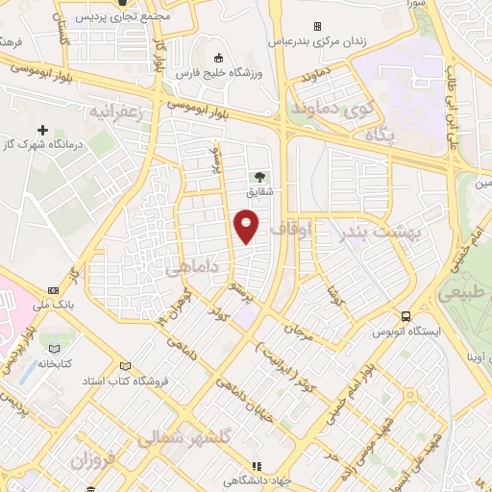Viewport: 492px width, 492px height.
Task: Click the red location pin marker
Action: [248, 226]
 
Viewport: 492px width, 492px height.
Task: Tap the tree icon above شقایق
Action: [258, 176]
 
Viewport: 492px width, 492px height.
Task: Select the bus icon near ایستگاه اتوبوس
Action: [406, 315]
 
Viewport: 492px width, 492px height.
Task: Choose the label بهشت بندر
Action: [370, 234]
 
